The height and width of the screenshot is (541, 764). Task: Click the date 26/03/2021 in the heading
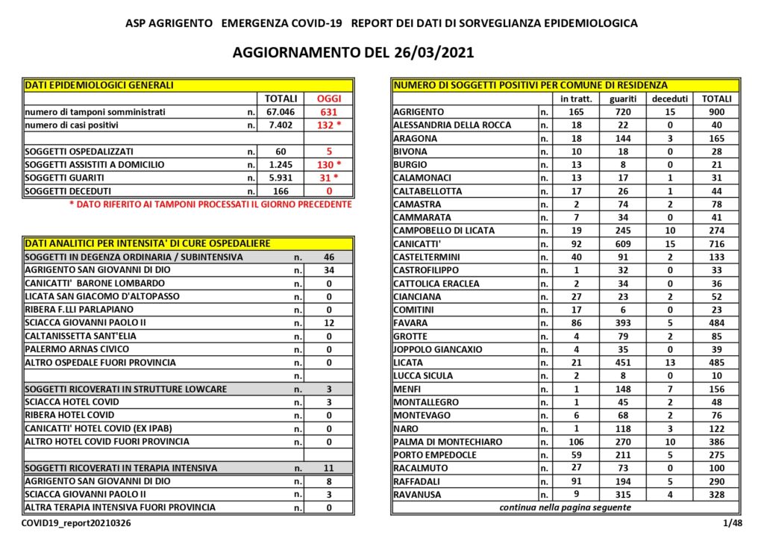[433, 53]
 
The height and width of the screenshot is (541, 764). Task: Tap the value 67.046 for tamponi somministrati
[281, 112]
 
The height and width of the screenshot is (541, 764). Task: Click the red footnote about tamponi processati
[210, 204]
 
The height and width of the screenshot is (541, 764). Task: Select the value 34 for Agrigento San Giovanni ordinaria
[329, 269]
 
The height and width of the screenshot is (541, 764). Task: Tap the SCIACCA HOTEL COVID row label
[72, 402]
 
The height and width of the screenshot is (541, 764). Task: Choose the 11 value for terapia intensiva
[329, 468]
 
